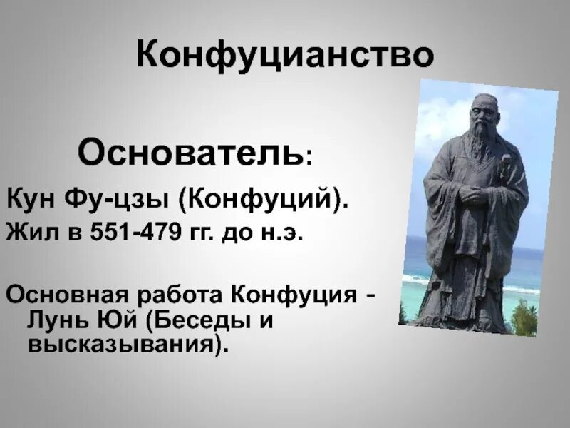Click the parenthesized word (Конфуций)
pos(264,200)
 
